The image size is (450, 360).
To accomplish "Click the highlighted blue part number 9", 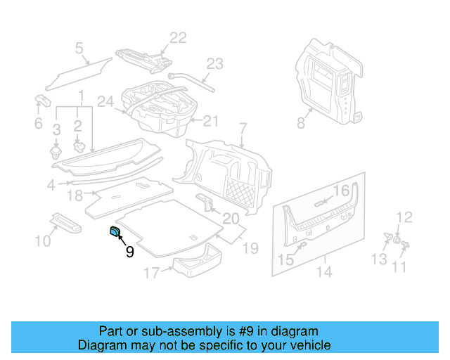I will [115, 234].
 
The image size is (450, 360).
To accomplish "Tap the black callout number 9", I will [129, 252].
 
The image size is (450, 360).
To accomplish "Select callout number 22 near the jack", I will [178, 38].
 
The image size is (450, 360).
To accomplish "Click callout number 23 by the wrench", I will [214, 63].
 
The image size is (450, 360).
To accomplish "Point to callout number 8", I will [301, 122].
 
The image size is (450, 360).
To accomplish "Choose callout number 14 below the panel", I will [323, 272].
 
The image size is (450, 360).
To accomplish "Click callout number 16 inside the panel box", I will [341, 191].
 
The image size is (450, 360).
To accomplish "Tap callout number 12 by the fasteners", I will [404, 217].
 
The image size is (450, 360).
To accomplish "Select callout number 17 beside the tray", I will [152, 272].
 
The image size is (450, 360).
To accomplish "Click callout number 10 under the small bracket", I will [43, 242].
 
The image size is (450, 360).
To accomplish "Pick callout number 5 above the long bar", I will [79, 49].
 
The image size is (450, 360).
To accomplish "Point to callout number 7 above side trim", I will [243, 129].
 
